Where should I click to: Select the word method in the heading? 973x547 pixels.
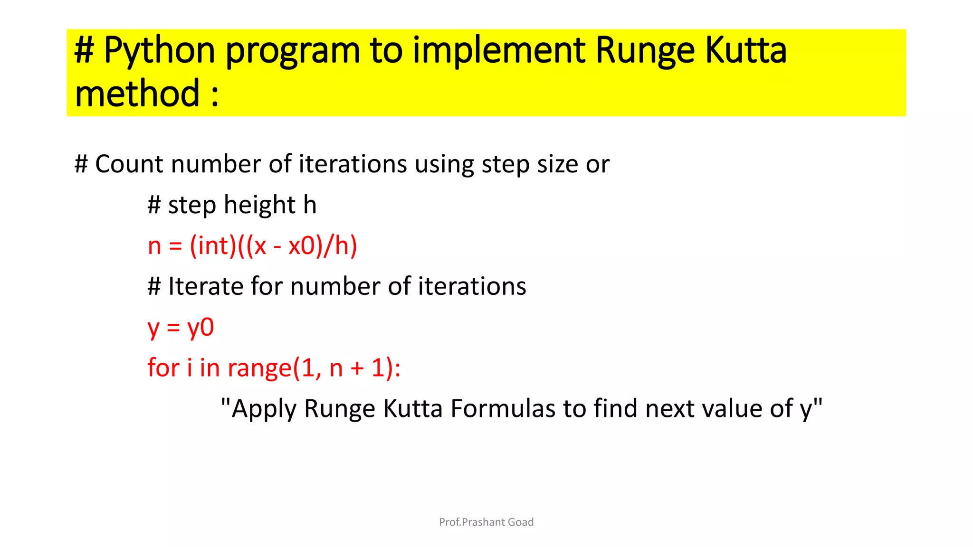coord(137,94)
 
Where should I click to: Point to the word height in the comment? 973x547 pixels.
coord(260,205)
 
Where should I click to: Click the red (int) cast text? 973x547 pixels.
coord(213,246)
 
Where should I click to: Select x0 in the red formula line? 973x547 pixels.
coord(302,246)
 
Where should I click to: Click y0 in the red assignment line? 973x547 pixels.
coord(200,328)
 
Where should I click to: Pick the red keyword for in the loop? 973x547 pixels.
coord(163,368)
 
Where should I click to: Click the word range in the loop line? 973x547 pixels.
coord(259,368)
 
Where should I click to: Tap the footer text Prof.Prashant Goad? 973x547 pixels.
coord(486,522)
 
